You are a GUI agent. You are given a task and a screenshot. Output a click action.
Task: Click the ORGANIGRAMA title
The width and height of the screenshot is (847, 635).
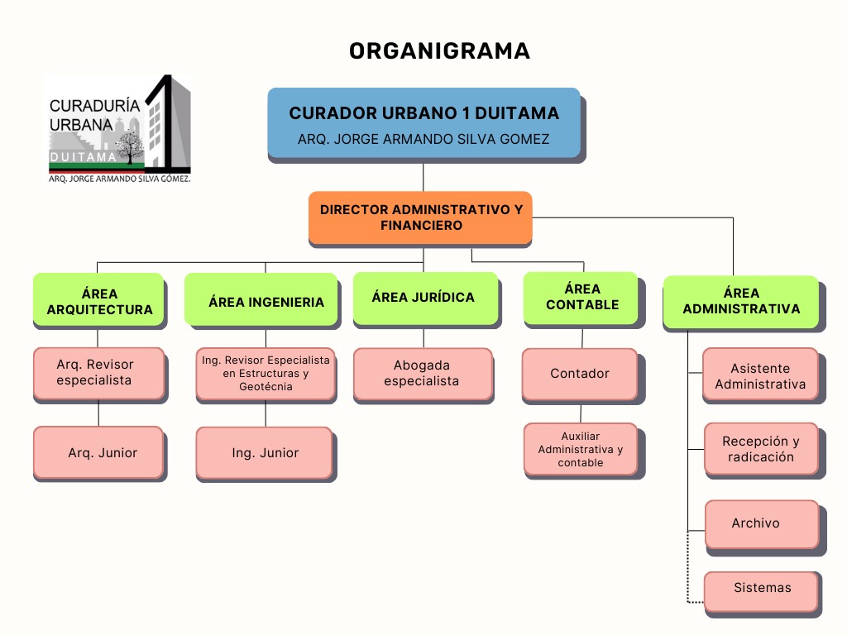click(x=439, y=51)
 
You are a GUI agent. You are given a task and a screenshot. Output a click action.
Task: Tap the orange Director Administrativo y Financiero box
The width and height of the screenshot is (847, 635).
click(x=420, y=217)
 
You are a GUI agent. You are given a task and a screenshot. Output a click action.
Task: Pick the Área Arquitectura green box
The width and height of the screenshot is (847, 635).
click(x=98, y=299)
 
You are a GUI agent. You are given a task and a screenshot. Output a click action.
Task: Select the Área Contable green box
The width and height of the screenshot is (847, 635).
click(x=581, y=297)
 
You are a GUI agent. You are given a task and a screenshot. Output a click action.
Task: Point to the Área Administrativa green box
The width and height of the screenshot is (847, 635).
click(x=740, y=301)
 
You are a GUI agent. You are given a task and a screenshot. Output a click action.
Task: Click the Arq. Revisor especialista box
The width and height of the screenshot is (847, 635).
click(x=98, y=372)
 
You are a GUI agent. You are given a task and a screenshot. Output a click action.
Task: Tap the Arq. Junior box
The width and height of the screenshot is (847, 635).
click(x=98, y=452)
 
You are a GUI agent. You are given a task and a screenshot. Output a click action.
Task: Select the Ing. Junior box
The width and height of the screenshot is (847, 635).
click(x=265, y=452)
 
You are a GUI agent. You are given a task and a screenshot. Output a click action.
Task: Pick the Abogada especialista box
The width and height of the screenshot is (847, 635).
click(x=423, y=374)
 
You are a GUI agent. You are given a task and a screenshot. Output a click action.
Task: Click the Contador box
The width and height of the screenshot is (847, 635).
click(x=579, y=374)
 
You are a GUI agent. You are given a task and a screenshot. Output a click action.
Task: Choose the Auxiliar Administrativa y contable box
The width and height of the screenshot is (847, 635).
click(x=580, y=449)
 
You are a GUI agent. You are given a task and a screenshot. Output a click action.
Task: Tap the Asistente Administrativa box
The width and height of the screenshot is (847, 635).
click(x=760, y=375)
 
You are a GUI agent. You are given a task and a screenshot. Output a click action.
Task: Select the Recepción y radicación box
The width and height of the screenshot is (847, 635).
click(x=761, y=449)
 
